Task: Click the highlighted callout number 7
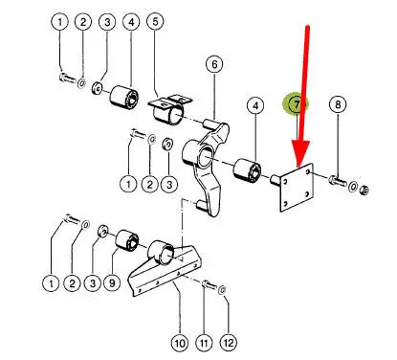click(x=297, y=104)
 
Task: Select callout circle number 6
click(x=214, y=64)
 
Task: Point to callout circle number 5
click(x=155, y=22)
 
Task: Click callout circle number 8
click(x=338, y=104)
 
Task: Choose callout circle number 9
click(x=112, y=282)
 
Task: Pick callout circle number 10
click(x=180, y=344)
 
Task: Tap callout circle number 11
click(x=204, y=344)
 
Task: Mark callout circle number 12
click(x=229, y=343)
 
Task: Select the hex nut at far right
click(x=364, y=191)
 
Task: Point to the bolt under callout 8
click(x=338, y=181)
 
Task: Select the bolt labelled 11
click(x=208, y=283)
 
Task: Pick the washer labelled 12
click(x=222, y=290)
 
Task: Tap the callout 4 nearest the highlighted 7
click(x=255, y=105)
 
